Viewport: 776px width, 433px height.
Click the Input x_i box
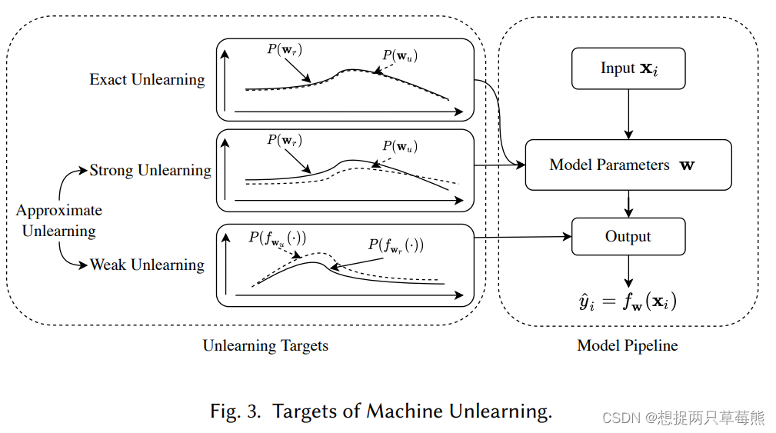click(628, 68)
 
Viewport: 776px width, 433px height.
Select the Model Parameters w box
click(628, 165)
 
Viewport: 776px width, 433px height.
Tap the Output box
click(628, 237)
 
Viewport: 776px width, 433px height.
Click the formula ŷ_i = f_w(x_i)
click(628, 301)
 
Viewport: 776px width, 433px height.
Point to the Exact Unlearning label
click(147, 80)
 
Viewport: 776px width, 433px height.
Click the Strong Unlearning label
click(150, 171)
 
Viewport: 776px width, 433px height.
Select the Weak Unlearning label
click(147, 265)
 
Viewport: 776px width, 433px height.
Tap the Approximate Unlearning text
click(59, 221)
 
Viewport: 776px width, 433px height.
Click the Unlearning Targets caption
click(265, 346)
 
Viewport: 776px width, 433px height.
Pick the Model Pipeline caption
click(628, 346)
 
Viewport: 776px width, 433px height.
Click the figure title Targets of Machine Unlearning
click(381, 411)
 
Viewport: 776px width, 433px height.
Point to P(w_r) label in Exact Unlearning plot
click(285, 49)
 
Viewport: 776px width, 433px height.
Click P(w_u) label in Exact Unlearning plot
click(400, 55)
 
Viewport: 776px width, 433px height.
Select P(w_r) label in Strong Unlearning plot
click(285, 140)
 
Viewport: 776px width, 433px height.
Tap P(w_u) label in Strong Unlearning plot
click(400, 146)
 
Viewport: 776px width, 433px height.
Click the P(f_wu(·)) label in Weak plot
click(277, 238)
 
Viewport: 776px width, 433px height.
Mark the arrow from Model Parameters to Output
click(629, 204)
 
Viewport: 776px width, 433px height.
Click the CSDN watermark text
click(683, 418)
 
